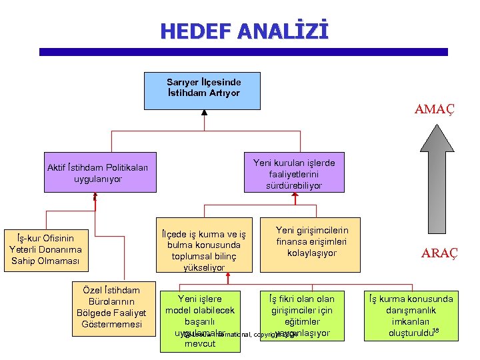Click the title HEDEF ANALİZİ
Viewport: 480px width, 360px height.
pyautogui.click(x=244, y=31)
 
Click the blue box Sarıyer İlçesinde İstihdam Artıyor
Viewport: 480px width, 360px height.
pyautogui.click(x=202, y=89)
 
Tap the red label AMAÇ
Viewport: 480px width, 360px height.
pyautogui.click(x=434, y=109)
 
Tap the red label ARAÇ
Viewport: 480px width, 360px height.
pyautogui.click(x=439, y=253)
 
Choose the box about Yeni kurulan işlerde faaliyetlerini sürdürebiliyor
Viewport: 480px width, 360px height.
pyautogui.click(x=294, y=173)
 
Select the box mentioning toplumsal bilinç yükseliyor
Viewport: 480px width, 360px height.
pyautogui.click(x=204, y=245)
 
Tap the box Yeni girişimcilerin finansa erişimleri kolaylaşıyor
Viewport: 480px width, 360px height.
pyautogui.click(x=312, y=241)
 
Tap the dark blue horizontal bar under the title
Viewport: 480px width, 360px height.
pyautogui.click(x=243, y=51)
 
